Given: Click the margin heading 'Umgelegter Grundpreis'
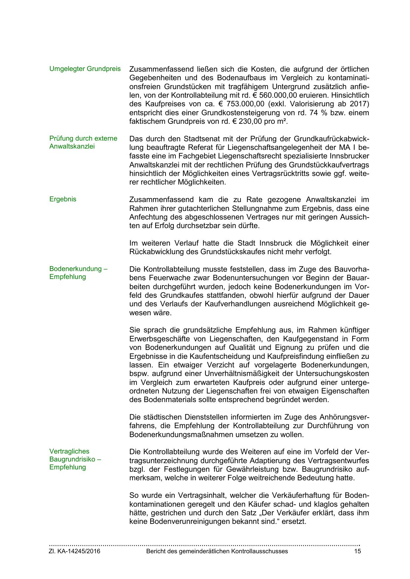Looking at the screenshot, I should click(85, 69).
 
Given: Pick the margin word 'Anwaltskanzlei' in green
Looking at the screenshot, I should click(72, 146).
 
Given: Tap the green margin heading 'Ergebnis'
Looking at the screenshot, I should click(63, 199).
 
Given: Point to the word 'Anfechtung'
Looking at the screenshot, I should click(146, 217).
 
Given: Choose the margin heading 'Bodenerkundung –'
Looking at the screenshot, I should click(78, 269).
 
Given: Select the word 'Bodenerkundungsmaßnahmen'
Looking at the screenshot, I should click(181, 435).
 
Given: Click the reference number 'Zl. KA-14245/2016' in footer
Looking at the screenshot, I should click(75, 551).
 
